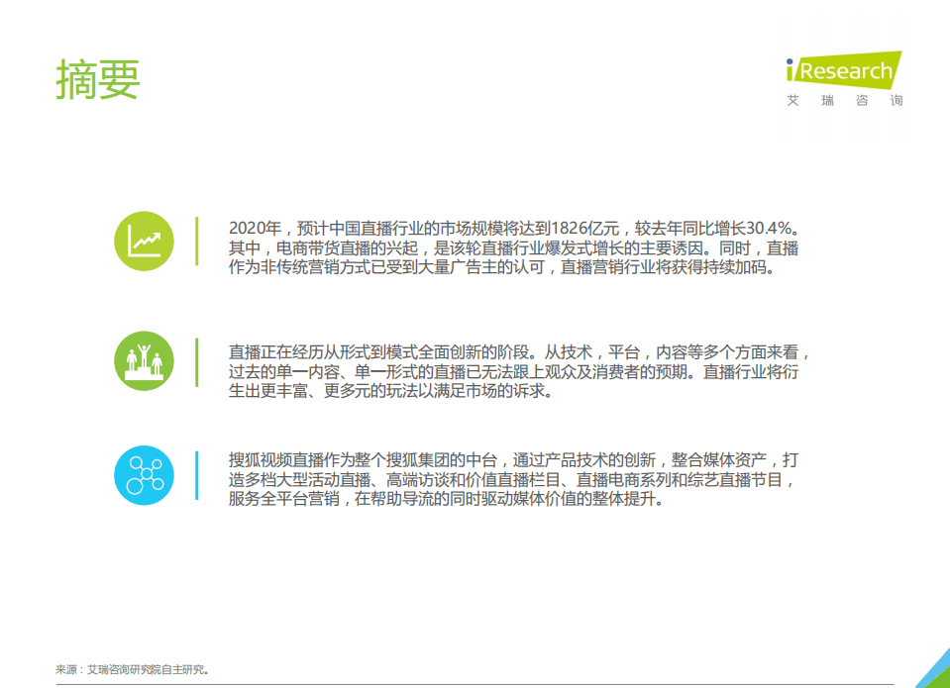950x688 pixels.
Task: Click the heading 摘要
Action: coord(98,79)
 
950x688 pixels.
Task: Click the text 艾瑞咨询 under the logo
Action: coord(844,101)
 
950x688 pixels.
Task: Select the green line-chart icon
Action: coord(144,241)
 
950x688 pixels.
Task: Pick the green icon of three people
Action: coord(144,360)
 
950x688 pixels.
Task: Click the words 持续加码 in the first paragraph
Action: coord(735,268)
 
